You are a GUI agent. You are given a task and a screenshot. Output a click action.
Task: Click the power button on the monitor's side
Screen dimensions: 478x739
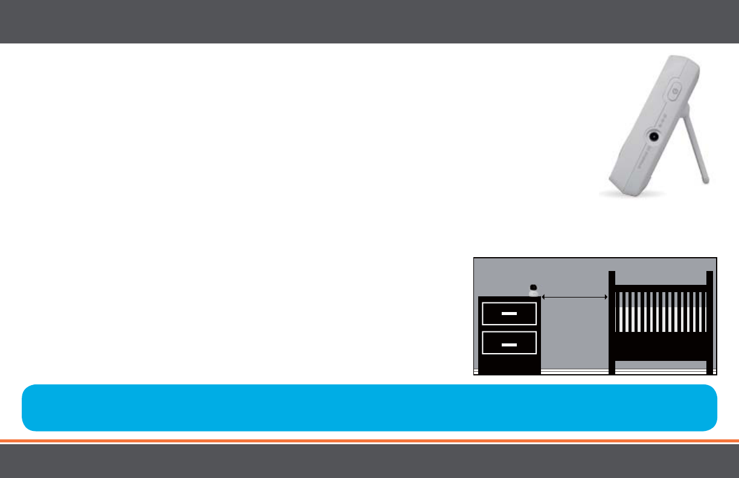pos(674,92)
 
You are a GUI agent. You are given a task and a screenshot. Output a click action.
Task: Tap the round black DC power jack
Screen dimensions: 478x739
pos(653,136)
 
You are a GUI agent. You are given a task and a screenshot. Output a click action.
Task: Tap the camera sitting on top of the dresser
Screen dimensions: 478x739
pos(533,290)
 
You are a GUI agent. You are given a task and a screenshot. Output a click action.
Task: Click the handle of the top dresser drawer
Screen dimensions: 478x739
pos(510,314)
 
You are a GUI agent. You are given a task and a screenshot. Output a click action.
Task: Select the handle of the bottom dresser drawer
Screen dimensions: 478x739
pos(510,343)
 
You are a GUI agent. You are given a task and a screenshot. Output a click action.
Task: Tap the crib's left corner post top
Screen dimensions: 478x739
pos(612,275)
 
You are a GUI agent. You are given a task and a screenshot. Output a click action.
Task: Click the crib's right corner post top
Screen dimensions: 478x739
pos(709,275)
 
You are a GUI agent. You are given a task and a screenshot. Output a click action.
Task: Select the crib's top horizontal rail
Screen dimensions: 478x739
pos(661,288)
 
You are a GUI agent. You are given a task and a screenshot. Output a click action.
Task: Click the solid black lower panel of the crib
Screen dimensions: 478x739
pos(661,346)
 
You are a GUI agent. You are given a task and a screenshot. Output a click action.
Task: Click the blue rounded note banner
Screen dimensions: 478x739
pos(369,407)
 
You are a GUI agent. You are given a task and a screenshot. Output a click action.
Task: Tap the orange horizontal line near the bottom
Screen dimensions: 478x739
pos(369,441)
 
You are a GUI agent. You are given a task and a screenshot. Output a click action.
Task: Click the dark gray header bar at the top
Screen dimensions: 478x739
pos(369,21)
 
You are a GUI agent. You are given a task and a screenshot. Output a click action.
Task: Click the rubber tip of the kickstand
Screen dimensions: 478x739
pos(706,179)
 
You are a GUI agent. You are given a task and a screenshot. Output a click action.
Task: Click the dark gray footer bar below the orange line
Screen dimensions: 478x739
pos(369,461)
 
